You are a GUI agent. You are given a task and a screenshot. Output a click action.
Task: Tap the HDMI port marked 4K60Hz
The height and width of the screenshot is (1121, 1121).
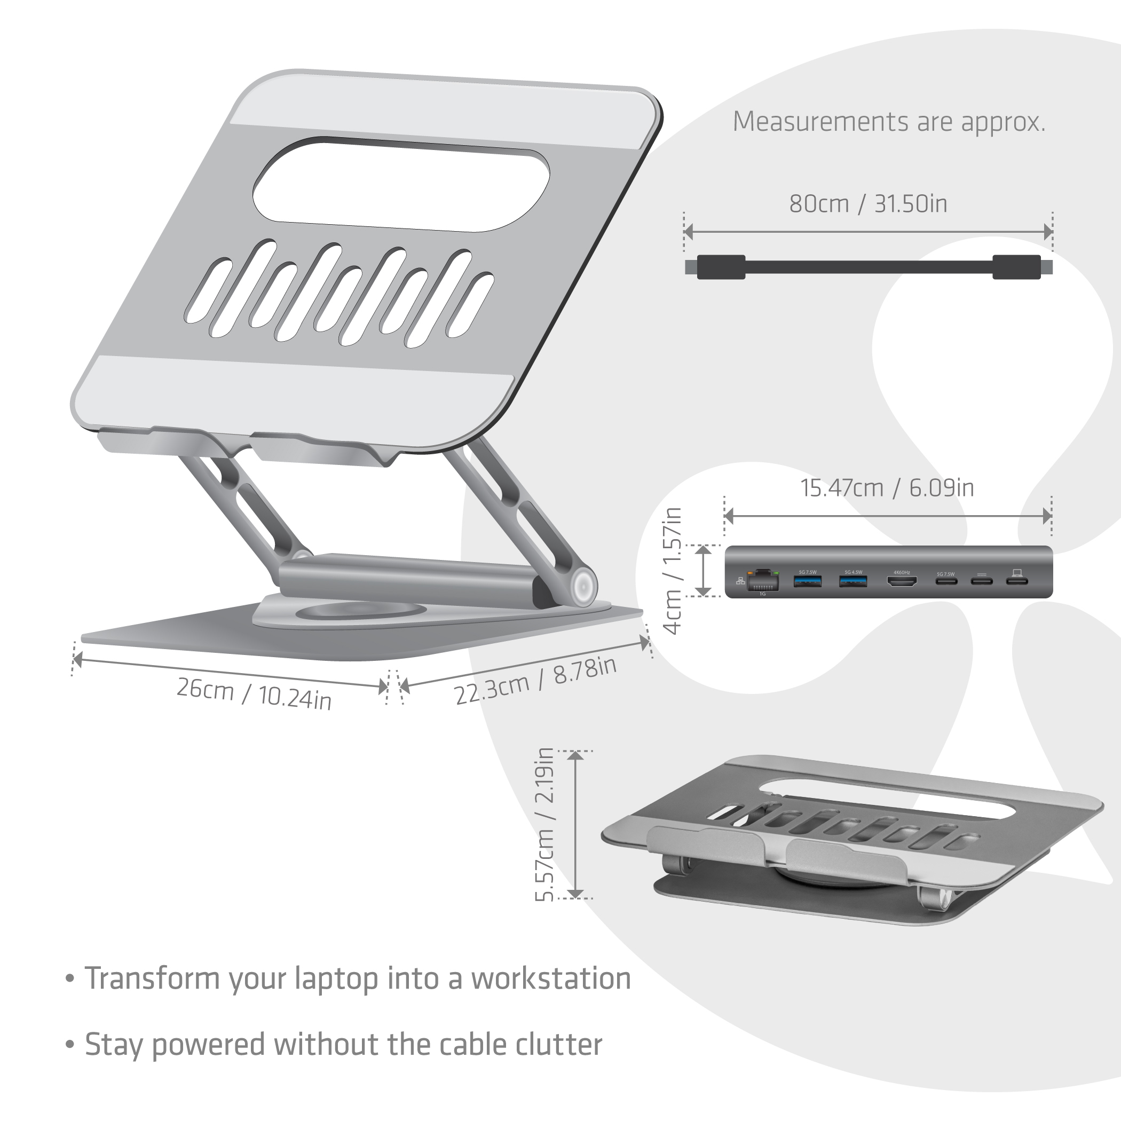pos(902,580)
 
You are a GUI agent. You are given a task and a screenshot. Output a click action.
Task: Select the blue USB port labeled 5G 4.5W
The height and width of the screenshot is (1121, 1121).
pos(853,580)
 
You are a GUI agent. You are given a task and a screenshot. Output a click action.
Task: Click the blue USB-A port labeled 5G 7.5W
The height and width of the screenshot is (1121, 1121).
pos(807,580)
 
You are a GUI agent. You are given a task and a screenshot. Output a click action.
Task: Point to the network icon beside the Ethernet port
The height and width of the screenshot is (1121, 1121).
pos(740,580)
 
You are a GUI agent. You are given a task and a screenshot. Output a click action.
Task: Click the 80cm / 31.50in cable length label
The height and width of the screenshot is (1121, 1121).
pos(868,204)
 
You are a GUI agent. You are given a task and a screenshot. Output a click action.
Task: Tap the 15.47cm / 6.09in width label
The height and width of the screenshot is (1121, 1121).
pos(887,488)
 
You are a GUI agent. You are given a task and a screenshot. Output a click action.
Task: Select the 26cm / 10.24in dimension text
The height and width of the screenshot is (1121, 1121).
pos(254,693)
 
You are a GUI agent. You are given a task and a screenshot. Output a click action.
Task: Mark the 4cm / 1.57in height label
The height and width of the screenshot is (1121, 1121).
pos(672,571)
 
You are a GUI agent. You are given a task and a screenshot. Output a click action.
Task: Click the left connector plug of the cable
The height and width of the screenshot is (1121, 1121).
pos(720,267)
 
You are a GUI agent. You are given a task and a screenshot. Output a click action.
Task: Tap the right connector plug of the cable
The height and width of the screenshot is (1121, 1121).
pos(1017,267)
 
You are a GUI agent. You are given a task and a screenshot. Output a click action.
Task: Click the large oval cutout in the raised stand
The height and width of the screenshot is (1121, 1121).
pos(401,185)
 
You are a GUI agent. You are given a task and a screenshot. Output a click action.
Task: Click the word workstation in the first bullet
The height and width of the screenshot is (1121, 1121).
pos(551,978)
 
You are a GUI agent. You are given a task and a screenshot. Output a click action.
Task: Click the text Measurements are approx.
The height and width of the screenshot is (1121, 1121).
pos(888,122)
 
